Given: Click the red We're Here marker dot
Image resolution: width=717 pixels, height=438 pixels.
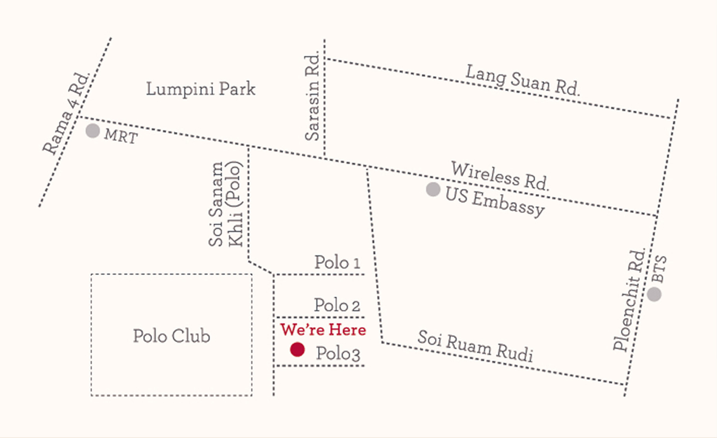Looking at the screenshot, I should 297,349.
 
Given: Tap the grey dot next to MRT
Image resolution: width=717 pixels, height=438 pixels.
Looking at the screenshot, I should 93,131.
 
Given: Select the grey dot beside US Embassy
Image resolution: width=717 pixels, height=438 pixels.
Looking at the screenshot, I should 433,189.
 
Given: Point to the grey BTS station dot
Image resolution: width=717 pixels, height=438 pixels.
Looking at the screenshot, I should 654,294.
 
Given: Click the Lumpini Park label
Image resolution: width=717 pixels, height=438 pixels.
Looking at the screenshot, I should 201,89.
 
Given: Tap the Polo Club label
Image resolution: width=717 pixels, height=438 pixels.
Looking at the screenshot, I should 171,336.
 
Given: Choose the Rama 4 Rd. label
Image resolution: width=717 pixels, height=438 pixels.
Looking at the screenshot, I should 66,114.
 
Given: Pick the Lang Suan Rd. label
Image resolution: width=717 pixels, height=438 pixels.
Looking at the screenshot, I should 522,81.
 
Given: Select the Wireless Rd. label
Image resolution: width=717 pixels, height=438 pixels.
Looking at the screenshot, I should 500,176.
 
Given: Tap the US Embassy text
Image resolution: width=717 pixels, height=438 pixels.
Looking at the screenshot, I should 494,202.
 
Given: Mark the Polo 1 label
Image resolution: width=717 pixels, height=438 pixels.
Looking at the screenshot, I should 337,262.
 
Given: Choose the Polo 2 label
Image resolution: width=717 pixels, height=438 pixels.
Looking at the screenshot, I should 337,305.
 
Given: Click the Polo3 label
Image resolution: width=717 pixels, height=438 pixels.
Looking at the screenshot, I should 338,353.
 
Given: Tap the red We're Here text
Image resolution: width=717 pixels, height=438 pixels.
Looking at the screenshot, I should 323,329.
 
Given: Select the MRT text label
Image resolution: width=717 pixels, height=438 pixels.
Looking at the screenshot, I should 121,136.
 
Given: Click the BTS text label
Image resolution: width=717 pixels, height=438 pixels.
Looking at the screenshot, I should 660,269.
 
